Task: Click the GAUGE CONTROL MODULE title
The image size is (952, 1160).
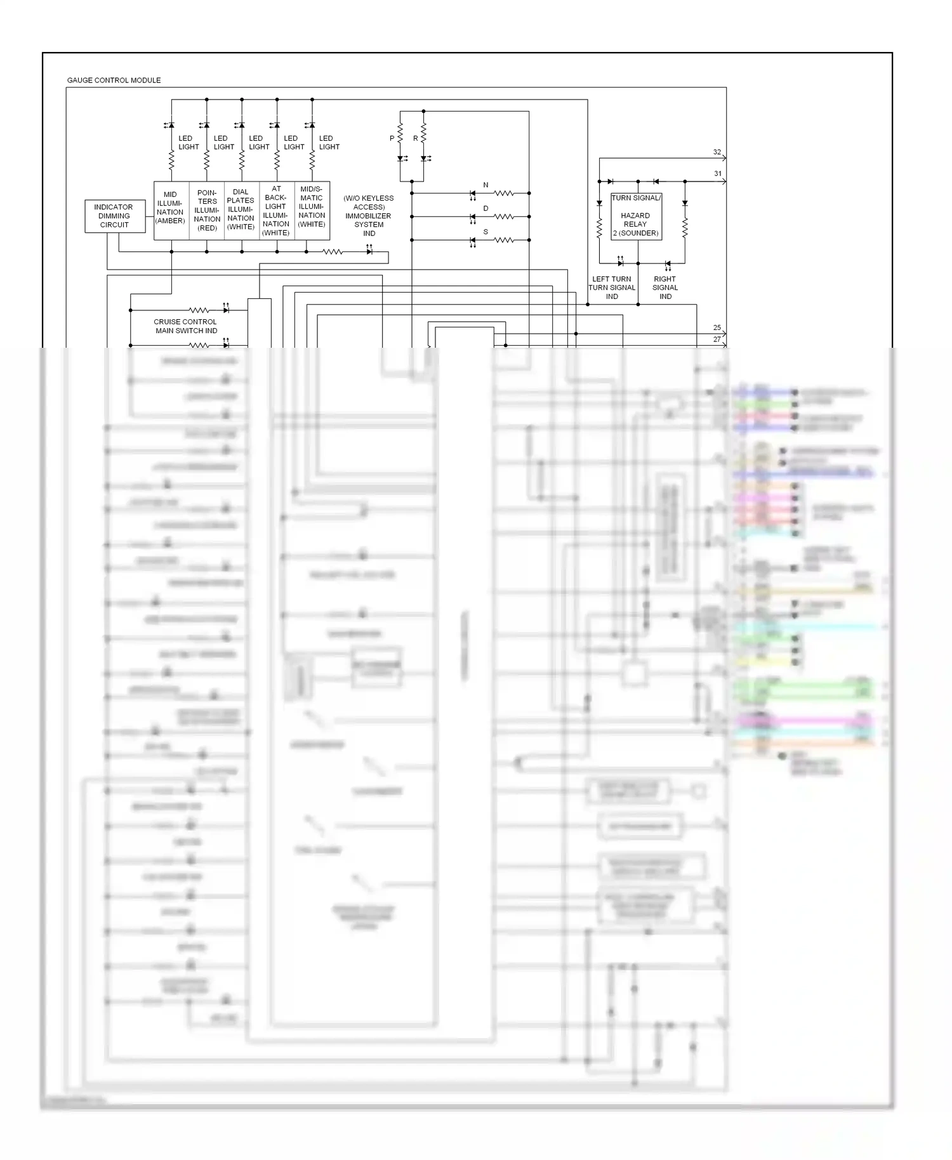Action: [x=114, y=80]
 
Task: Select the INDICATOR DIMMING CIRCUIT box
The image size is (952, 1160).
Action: [x=114, y=216]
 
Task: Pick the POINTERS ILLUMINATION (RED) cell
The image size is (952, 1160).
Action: [x=207, y=211]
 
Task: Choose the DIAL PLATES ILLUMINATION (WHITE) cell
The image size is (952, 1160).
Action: [x=241, y=210]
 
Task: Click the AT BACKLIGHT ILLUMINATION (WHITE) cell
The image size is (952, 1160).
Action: [x=276, y=211]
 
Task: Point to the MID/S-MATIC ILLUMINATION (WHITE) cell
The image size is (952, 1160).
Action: [x=312, y=208]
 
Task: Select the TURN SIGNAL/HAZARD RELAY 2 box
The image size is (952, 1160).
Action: [x=636, y=216]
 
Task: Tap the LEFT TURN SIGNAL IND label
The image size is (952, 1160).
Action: [x=612, y=287]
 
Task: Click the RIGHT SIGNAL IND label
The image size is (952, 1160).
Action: [x=665, y=287]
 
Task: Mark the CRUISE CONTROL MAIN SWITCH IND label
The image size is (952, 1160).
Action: [x=185, y=326]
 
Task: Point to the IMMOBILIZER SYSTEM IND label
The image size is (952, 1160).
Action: [x=369, y=216]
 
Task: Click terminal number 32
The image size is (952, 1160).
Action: [x=717, y=152]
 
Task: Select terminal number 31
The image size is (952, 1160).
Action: [x=718, y=174]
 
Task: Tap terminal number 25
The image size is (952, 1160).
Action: [x=717, y=328]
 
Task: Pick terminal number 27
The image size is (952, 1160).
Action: [x=717, y=339]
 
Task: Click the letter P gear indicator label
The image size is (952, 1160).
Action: [x=392, y=138]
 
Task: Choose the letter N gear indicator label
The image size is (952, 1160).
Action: [x=486, y=185]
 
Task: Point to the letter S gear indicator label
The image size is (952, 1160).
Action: [x=486, y=232]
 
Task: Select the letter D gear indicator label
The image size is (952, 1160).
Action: [x=486, y=209]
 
